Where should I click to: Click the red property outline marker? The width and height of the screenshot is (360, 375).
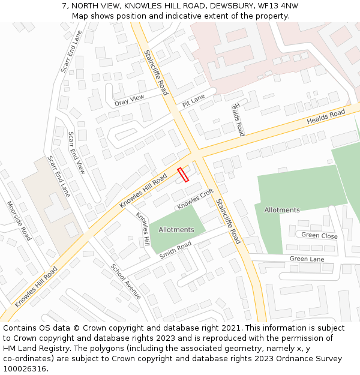[183, 175]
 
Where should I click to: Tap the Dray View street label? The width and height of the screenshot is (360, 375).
[130, 100]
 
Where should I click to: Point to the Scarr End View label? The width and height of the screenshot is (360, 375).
[77, 152]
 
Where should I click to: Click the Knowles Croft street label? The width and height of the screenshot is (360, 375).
[195, 199]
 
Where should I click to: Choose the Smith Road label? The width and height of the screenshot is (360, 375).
[175, 250]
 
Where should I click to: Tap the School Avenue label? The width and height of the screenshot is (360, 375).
[125, 280]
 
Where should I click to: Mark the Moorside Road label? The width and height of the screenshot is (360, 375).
[19, 220]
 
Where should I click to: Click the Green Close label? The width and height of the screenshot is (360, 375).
[319, 235]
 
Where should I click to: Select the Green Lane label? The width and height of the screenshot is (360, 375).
[307, 259]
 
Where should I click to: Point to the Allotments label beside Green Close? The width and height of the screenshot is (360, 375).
[281, 210]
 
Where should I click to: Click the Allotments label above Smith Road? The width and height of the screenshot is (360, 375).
[176, 230]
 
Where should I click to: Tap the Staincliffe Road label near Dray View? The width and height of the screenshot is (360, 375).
[156, 72]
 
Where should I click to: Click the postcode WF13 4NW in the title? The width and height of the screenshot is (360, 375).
[278, 5]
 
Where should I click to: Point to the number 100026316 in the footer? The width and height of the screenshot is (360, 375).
[25, 368]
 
